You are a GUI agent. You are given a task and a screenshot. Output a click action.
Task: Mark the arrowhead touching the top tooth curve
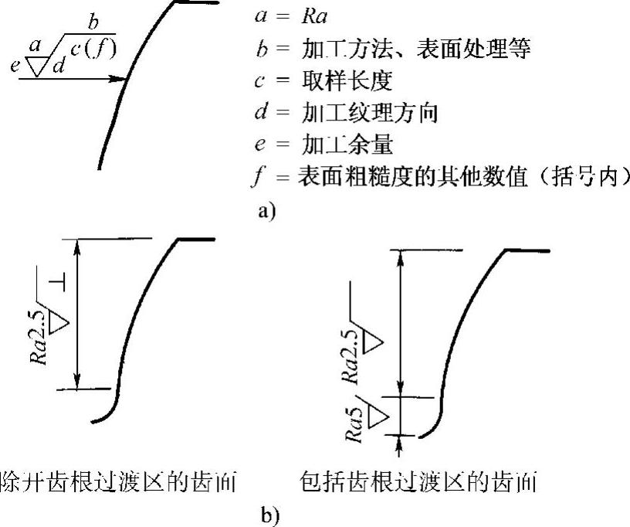point(120,78)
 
